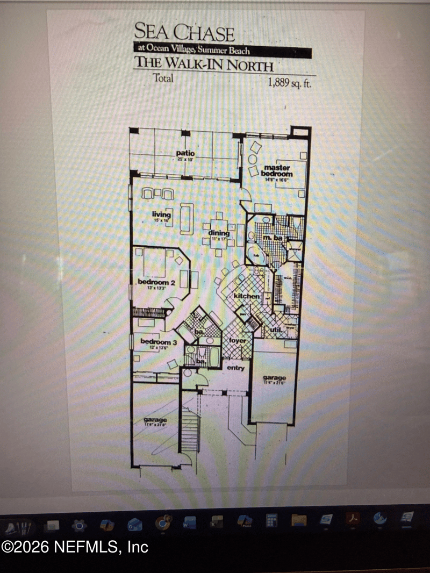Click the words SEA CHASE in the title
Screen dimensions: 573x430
pos(184,33)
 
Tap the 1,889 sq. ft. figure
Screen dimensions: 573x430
pos(290,83)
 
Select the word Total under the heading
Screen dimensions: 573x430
pos(163,78)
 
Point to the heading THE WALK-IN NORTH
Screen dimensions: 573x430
pos(204,65)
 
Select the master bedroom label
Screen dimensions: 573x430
pos(277,171)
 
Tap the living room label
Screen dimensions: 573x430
pos(161,216)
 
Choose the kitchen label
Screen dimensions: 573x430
pos(246,296)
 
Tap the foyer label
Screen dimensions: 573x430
pos(237,340)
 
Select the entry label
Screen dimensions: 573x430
pos(235,368)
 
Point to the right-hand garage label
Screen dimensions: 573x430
pos(274,379)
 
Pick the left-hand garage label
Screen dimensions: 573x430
pos(155,421)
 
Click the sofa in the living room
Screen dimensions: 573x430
pos(186,218)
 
